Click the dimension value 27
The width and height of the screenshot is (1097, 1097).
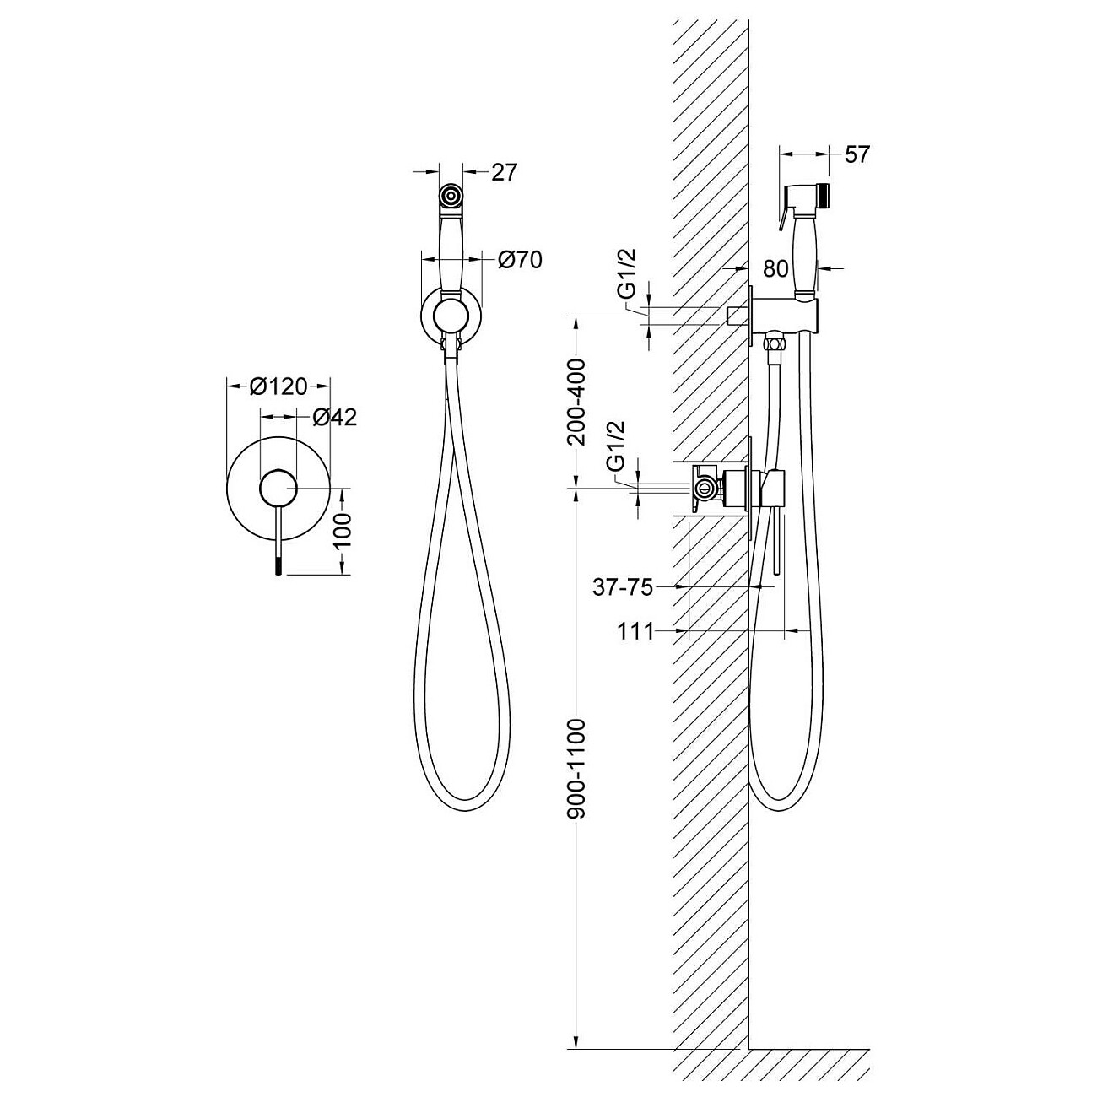coord(503,171)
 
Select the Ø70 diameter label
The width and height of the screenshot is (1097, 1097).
coord(520,260)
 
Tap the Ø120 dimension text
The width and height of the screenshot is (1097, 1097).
coord(278,386)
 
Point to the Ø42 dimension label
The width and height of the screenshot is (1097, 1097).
coord(335,417)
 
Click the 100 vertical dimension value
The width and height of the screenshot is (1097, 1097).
coord(343,530)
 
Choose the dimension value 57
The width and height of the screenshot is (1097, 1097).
coord(857,154)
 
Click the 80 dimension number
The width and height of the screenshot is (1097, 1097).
coord(775,268)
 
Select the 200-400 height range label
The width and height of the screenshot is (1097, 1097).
coord(577,403)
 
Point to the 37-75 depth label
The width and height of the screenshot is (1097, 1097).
coord(622,586)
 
